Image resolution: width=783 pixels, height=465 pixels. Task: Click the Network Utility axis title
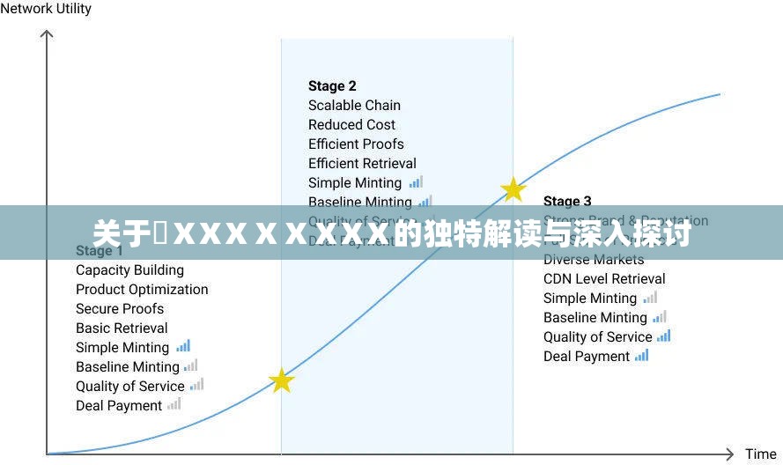tap(46, 9)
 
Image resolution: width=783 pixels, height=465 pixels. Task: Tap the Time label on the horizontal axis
tap(760, 454)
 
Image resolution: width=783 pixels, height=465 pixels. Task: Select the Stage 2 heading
tap(332, 86)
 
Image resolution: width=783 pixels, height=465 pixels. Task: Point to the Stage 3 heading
tap(567, 202)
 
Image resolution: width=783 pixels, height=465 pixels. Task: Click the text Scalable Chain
tap(354, 106)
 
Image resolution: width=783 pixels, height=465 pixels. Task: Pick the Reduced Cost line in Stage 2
tap(351, 125)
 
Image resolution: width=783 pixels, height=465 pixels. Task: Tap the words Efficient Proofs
tap(356, 144)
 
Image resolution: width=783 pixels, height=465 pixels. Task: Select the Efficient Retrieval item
tap(362, 164)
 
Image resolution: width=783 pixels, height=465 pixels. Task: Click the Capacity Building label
tap(129, 270)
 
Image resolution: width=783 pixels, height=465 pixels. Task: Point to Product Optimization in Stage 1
tap(142, 290)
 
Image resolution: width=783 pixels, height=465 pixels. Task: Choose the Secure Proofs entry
tap(120, 309)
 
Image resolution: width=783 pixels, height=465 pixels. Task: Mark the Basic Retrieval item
tap(122, 328)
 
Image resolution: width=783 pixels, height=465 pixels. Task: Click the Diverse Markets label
tap(594, 260)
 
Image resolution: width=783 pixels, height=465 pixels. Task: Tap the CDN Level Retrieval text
tap(604, 279)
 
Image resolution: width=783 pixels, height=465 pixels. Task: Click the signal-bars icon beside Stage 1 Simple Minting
tap(183, 346)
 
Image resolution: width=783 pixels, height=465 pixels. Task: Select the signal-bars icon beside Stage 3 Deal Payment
tap(641, 356)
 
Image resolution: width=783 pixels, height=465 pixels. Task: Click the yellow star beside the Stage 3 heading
tap(513, 189)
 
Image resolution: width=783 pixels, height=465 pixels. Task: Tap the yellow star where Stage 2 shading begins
tap(281, 380)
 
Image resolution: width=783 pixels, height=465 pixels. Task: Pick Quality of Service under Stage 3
tap(597, 337)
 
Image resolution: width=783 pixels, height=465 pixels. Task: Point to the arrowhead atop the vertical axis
tap(47, 34)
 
